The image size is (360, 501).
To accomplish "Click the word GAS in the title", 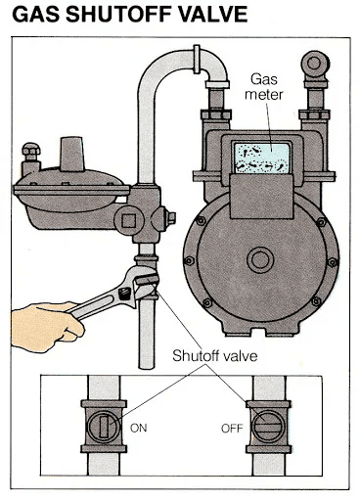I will [37, 17].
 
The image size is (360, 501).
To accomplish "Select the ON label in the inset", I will [138, 428].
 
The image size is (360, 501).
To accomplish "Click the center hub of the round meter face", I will [260, 260].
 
